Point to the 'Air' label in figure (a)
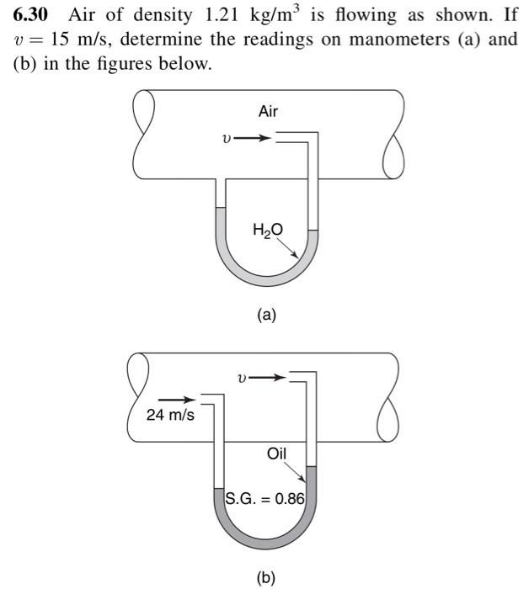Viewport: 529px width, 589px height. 268,111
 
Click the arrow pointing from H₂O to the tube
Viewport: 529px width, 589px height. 291,245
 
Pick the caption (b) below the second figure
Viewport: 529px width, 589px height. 266,577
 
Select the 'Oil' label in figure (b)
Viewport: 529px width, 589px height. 276,454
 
